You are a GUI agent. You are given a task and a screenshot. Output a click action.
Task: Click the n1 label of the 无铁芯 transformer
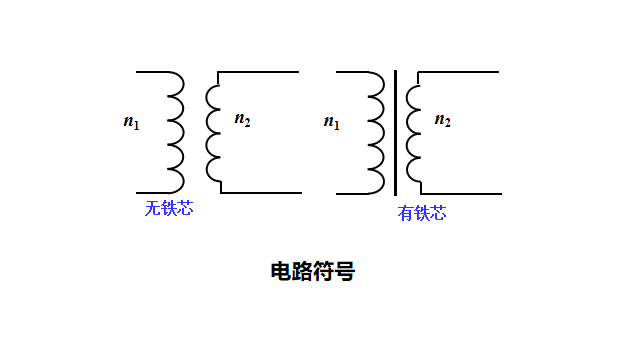point(131,122)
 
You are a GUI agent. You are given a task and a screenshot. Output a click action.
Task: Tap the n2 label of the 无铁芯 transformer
point(242,120)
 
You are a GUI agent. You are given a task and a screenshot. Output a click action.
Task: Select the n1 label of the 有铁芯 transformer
point(331,122)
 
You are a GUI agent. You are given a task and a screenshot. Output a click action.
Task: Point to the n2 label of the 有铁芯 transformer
point(442,120)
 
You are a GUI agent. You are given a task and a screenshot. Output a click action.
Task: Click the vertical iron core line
point(396,132)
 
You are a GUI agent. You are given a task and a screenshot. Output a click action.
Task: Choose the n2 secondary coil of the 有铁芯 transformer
point(412,132)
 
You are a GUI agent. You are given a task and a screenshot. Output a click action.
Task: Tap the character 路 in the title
point(302,271)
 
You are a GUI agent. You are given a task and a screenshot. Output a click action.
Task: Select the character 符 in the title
point(323,271)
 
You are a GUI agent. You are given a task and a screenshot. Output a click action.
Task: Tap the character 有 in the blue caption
point(405,213)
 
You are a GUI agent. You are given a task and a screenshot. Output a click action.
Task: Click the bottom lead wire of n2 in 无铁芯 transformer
point(260,192)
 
